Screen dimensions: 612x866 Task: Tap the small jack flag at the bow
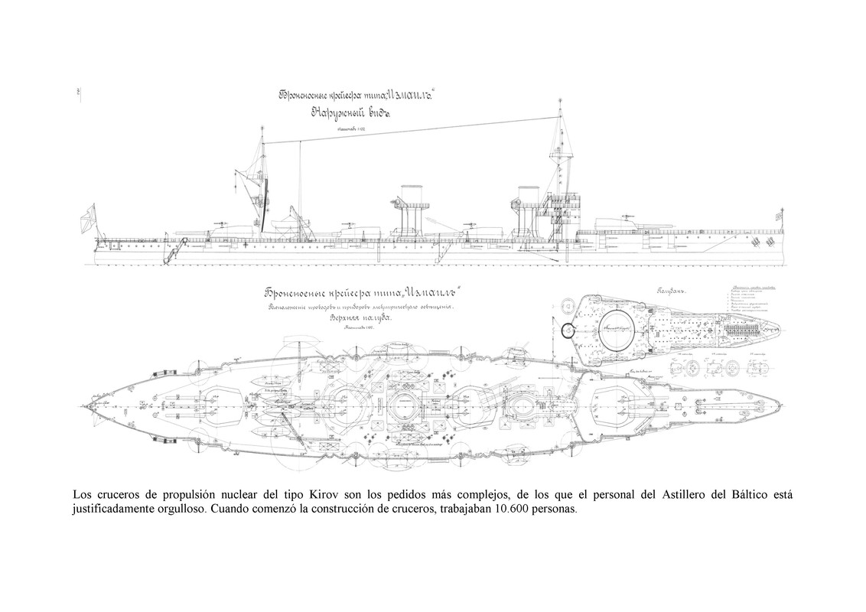click(x=780, y=216)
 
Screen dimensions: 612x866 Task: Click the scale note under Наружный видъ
click(x=348, y=131)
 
